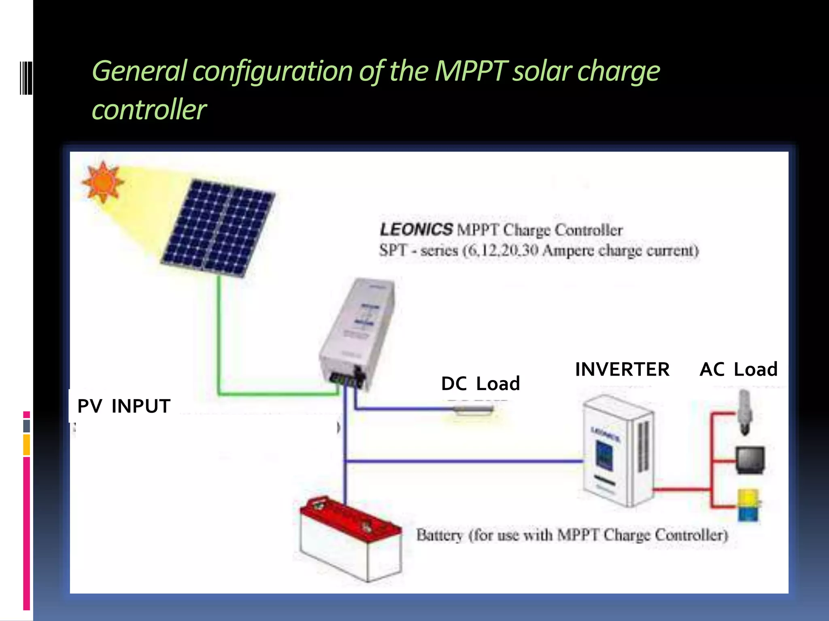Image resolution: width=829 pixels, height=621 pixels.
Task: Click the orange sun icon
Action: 102,182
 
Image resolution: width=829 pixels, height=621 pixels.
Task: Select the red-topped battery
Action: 350,538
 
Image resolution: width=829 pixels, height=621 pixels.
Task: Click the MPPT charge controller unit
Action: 356,332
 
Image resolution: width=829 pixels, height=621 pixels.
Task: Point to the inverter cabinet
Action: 617,451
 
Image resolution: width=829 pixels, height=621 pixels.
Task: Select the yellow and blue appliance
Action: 748,505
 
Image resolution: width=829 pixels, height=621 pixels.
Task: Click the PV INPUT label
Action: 124,406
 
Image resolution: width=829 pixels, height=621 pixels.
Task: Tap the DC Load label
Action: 480,383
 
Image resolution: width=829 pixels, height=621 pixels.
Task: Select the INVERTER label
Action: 622,369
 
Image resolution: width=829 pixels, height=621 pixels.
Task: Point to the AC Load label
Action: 739,369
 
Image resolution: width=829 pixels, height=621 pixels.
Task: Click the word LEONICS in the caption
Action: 416,230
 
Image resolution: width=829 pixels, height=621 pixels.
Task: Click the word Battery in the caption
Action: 440,535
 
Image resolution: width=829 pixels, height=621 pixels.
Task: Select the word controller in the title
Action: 149,110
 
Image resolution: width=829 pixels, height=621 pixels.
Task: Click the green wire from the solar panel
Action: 219,336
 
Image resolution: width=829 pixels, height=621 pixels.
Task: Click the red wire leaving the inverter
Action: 682,490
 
